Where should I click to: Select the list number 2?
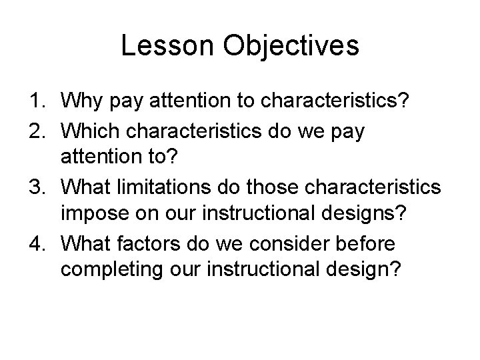tap(39, 132)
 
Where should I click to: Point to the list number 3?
tap(39, 188)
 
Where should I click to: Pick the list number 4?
tap(39, 245)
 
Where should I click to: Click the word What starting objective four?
tap(85, 245)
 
